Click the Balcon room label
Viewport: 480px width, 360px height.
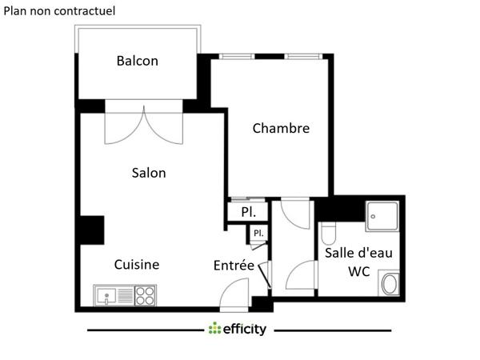coord(138,61)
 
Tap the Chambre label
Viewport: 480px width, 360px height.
coord(281,128)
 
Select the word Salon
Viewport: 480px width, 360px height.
coord(149,173)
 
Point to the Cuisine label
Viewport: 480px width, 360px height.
coord(136,265)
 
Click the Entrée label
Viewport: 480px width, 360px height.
coord(234,266)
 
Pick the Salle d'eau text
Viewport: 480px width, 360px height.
coord(358,253)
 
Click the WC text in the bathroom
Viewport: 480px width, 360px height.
coord(358,272)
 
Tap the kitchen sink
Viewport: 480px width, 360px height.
coord(111,296)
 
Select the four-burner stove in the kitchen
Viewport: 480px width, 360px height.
coord(144,296)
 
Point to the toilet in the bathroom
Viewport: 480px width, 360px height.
coord(327,234)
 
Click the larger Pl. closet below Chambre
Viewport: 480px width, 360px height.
coord(248,213)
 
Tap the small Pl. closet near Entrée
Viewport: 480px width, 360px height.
coord(258,233)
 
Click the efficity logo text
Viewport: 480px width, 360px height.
coord(244,329)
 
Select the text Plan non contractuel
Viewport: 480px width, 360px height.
coord(60,11)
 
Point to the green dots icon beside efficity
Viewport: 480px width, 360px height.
coord(214,329)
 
